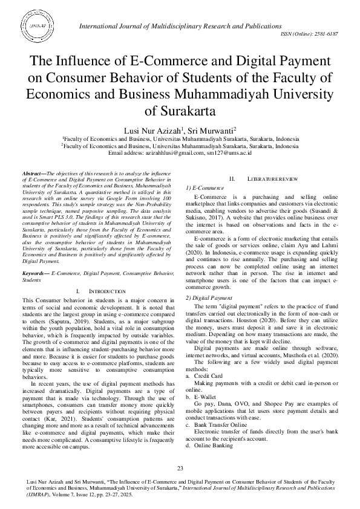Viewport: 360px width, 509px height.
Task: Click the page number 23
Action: pos(180,469)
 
